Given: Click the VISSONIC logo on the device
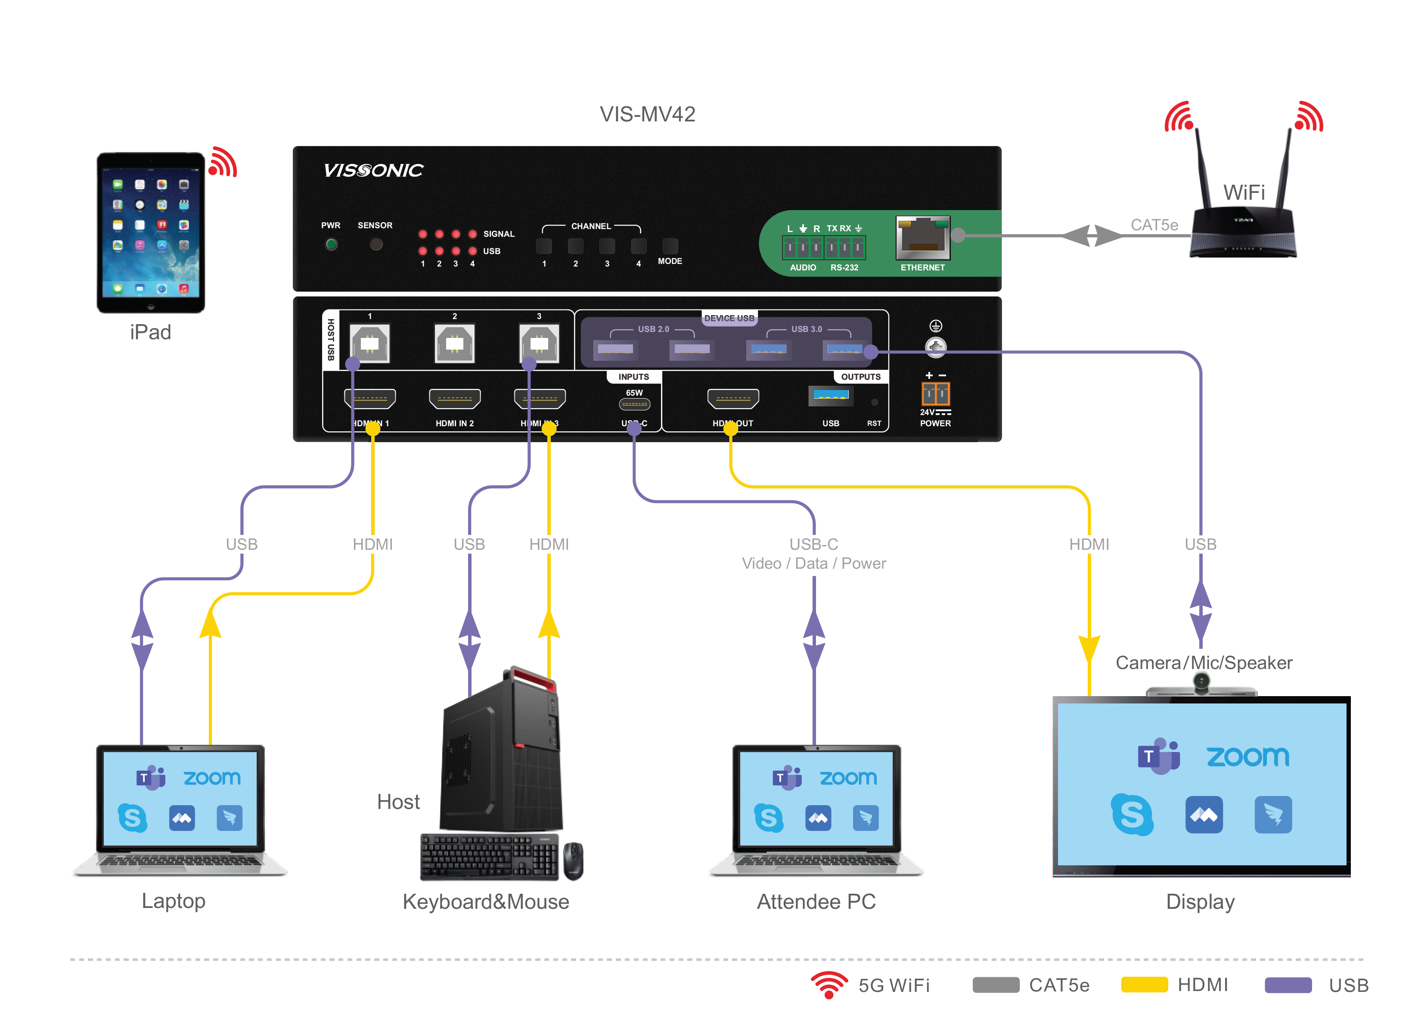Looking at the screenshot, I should [x=373, y=170].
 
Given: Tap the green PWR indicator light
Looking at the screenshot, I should [x=331, y=245].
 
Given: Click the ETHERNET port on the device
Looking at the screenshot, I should [x=922, y=238].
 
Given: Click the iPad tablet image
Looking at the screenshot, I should [x=151, y=232].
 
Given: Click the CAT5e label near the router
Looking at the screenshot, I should [x=1154, y=225].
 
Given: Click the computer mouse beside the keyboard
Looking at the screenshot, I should [x=573, y=861].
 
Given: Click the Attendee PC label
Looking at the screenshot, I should [x=816, y=901].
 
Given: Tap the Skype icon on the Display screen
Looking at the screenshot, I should [x=1132, y=814].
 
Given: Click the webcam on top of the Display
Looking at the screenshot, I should [x=1201, y=684].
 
